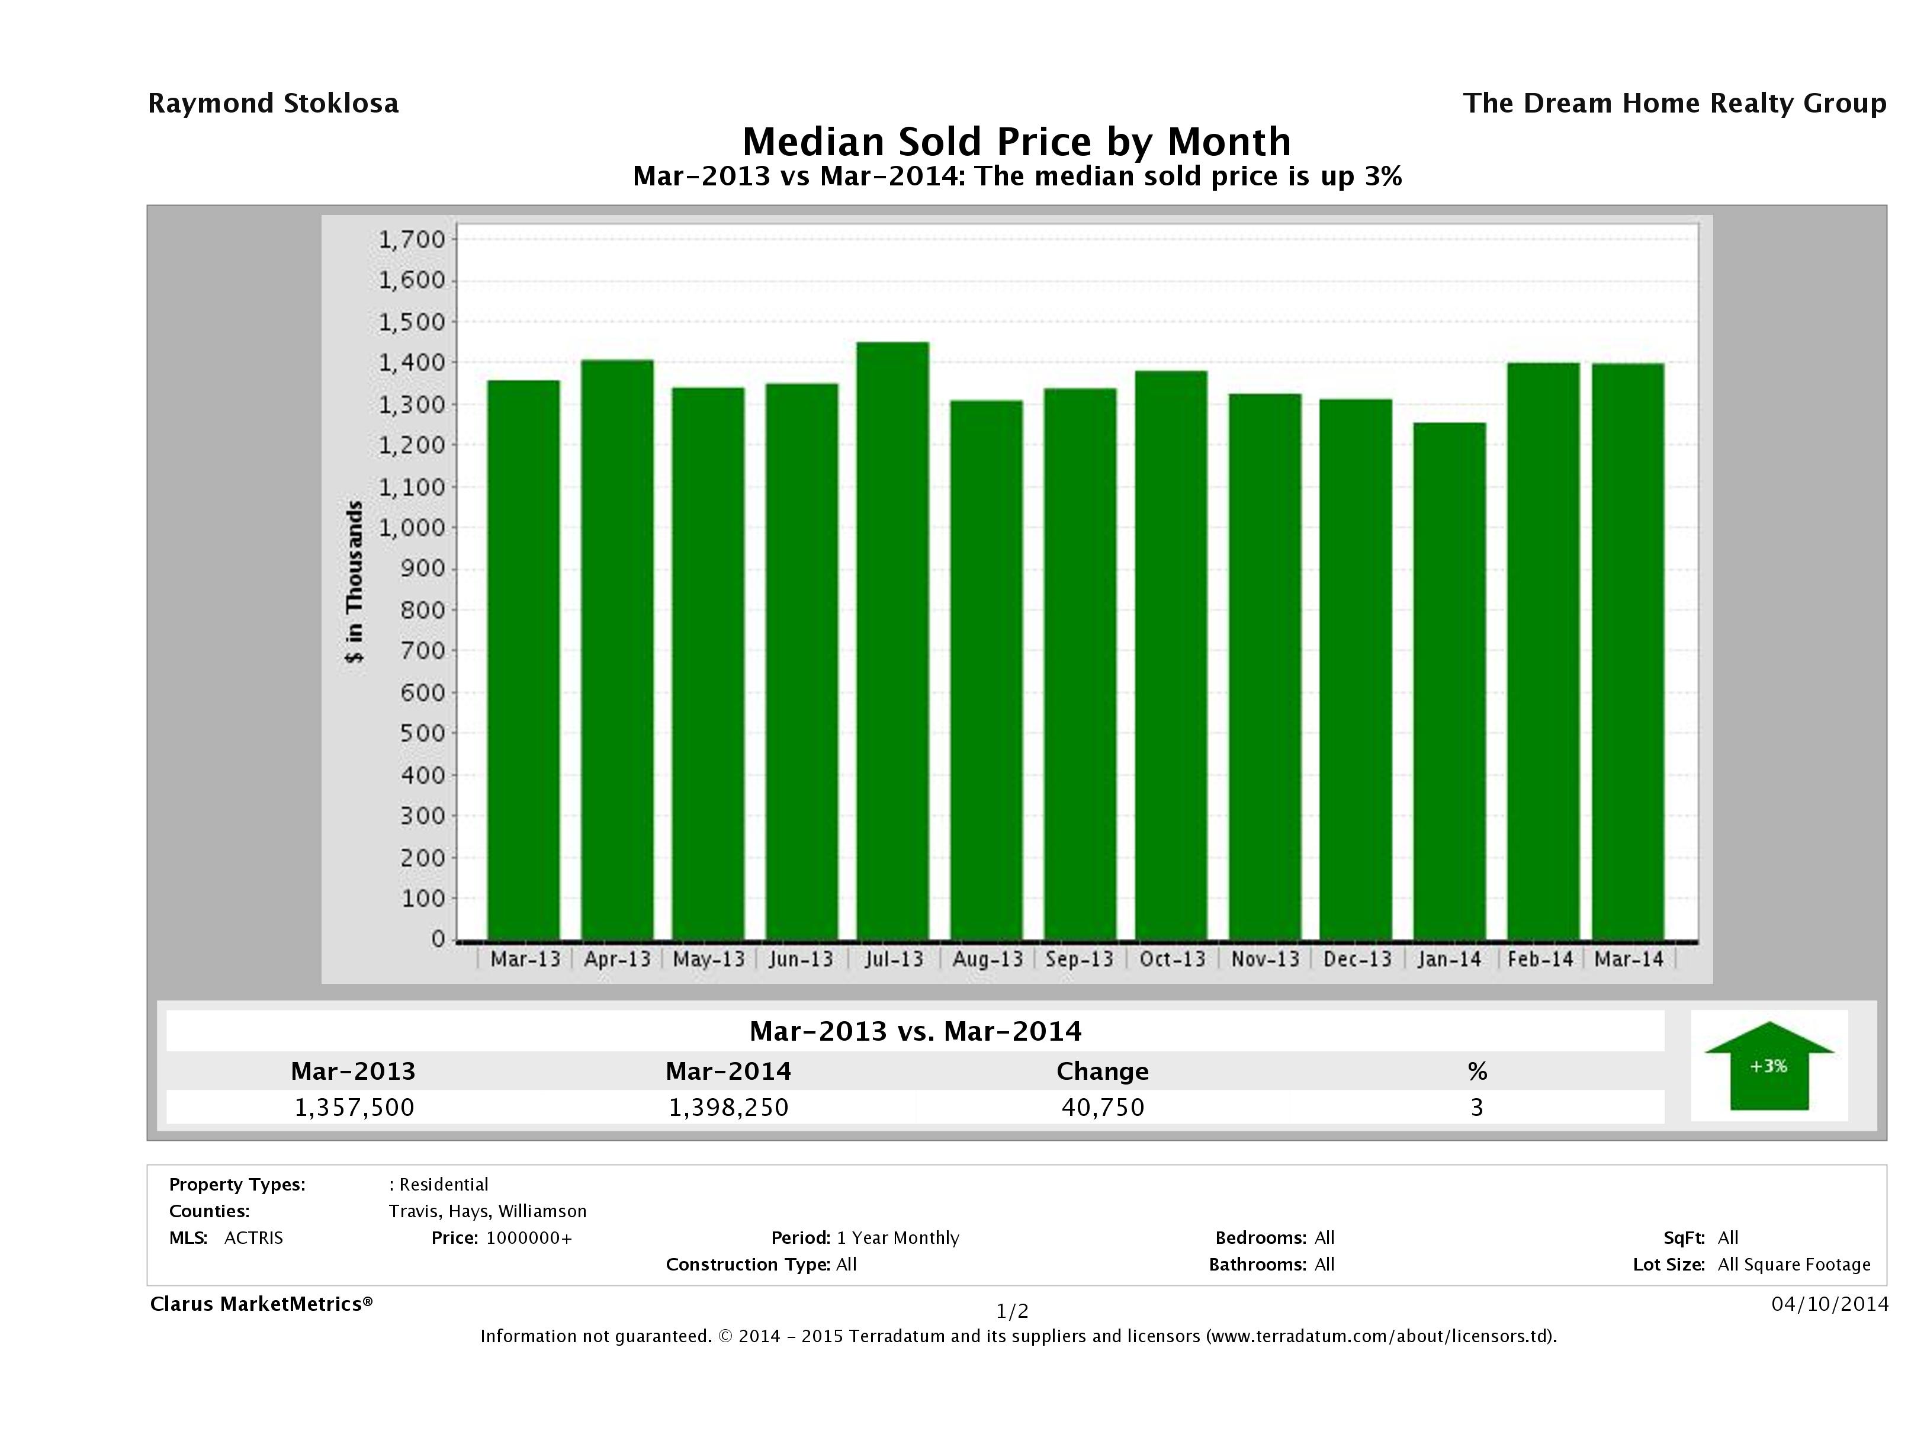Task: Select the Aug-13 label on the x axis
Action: tap(987, 959)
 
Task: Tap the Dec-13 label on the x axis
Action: tap(1357, 959)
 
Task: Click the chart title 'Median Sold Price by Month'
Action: tap(1017, 142)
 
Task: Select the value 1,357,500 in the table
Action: tap(354, 1107)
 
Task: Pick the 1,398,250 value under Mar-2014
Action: tap(728, 1107)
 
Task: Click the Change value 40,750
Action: tap(1103, 1107)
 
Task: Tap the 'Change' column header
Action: tap(1103, 1072)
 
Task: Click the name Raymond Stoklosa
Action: tap(273, 104)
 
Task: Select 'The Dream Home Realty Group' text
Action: tap(1674, 104)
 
